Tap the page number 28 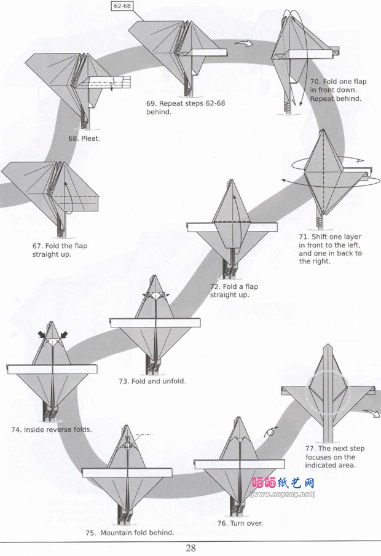click(190, 549)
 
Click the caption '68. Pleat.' click(84, 138)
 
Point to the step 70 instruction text click(336, 90)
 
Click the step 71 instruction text click(330, 249)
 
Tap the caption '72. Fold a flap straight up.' click(229, 291)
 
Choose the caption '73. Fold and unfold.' click(152, 381)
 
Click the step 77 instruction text click(334, 456)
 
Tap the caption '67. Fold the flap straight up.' click(54, 250)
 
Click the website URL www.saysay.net click(283, 495)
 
